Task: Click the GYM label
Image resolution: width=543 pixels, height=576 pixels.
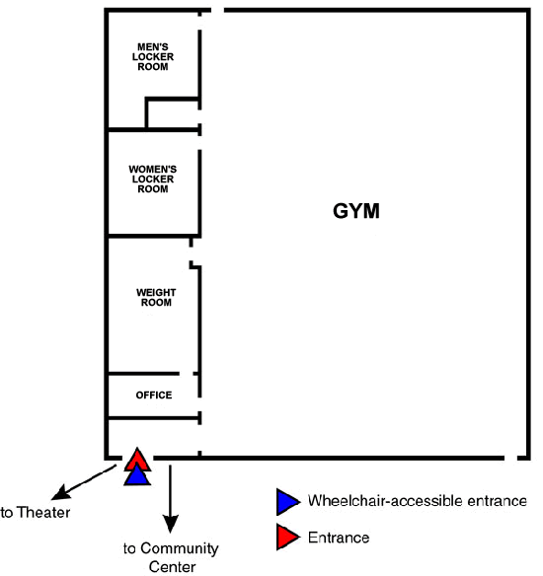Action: tap(355, 211)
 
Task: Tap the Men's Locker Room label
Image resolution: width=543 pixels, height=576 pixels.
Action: tap(153, 57)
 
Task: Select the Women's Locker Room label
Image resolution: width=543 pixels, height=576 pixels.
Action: tap(153, 179)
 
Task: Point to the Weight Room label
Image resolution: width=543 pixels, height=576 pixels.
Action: tap(156, 298)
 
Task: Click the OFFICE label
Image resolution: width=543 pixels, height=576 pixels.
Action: tap(154, 395)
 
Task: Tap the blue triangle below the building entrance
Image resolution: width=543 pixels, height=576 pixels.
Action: tap(137, 475)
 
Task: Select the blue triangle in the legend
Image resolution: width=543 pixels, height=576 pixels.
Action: tap(287, 501)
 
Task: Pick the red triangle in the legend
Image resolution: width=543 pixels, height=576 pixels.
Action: tap(287, 537)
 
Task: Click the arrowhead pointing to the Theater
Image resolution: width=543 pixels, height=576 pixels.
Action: tap(60, 492)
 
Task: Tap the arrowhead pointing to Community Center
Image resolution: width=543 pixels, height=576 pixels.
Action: tap(170, 524)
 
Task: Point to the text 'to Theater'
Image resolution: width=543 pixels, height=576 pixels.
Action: tap(36, 513)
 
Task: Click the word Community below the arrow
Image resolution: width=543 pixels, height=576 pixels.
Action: tap(180, 548)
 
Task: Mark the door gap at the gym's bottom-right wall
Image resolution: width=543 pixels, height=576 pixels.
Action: tap(510, 458)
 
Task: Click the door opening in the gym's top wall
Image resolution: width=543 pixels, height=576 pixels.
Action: tap(217, 10)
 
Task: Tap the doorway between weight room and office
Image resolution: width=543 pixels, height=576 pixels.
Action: tap(186, 374)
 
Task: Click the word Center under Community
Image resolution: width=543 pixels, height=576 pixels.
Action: tap(172, 567)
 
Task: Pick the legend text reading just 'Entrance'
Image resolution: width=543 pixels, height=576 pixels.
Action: tap(339, 538)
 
